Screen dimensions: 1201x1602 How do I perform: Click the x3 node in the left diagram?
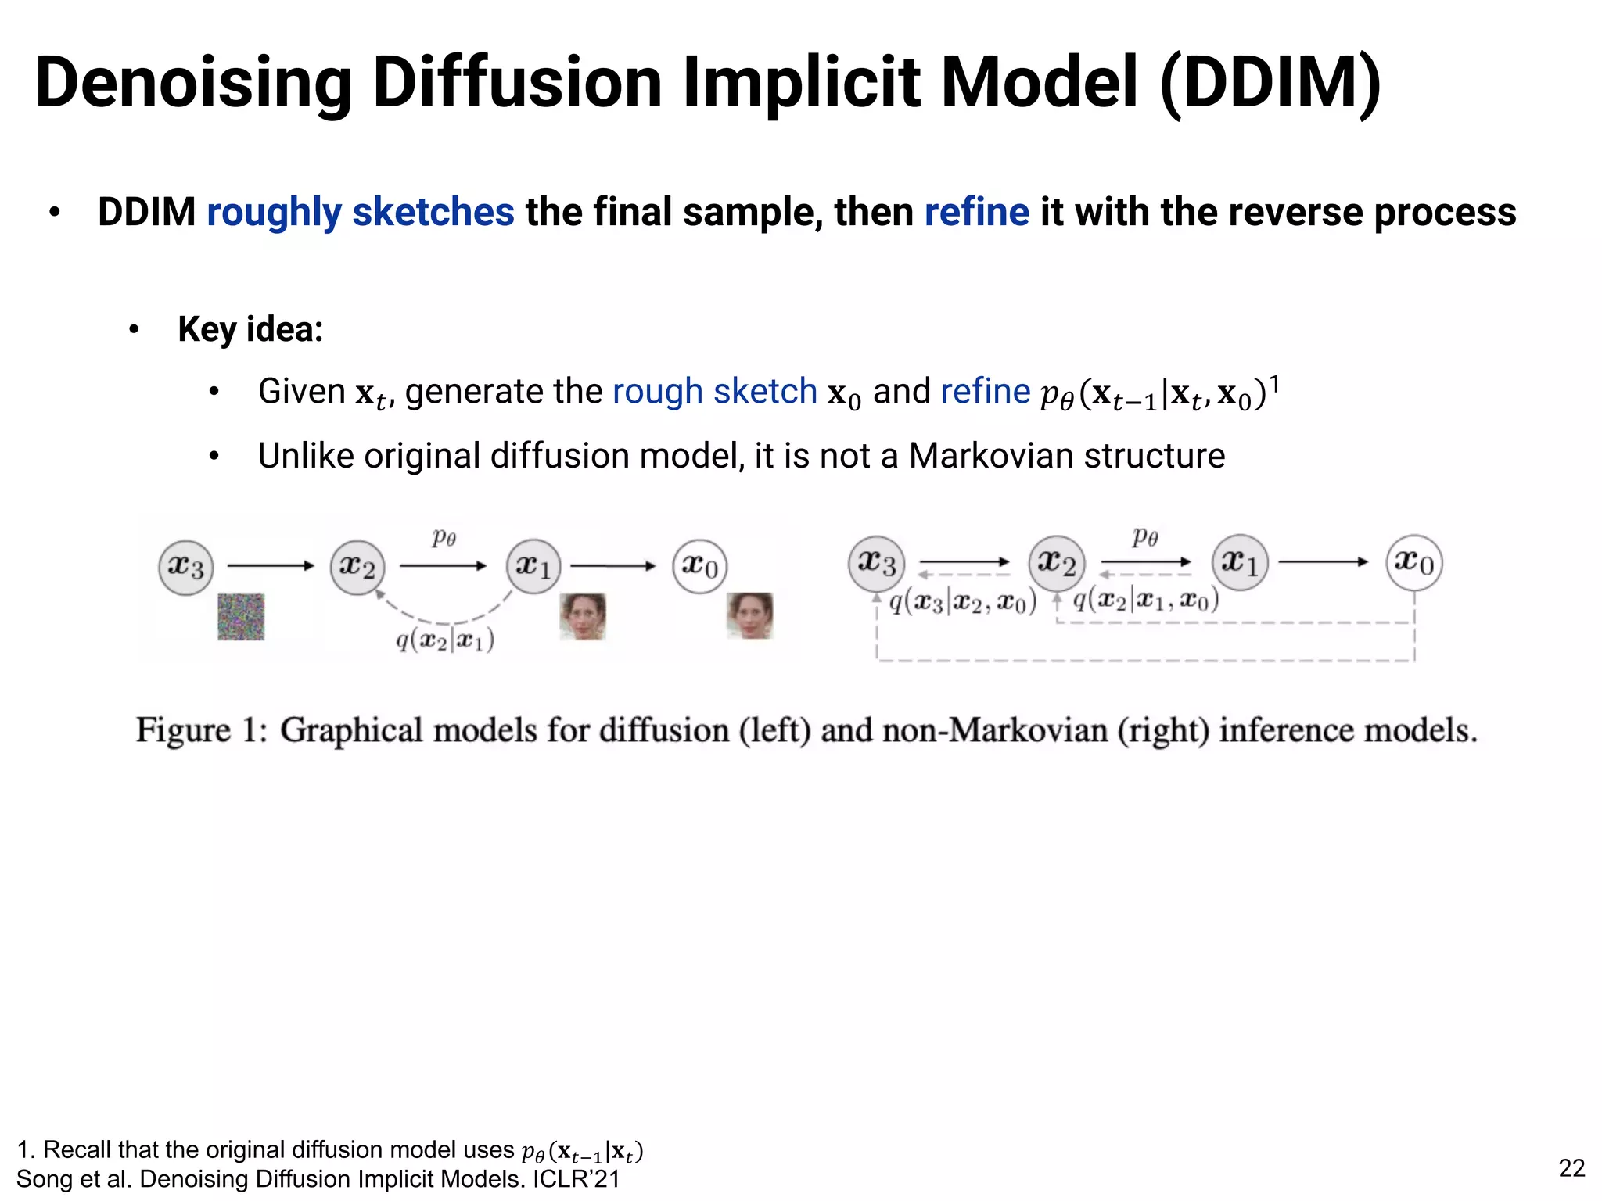[x=185, y=566]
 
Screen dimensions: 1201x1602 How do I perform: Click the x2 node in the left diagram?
[x=357, y=566]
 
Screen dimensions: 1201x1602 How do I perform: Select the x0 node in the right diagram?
[x=1414, y=562]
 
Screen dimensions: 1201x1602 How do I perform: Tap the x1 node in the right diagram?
[x=1240, y=562]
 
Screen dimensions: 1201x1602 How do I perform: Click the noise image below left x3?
[x=241, y=616]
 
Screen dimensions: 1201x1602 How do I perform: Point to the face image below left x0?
[x=749, y=615]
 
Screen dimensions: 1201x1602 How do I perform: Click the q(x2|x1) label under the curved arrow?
[x=444, y=640]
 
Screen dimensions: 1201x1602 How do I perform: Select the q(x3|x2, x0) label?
[x=962, y=601]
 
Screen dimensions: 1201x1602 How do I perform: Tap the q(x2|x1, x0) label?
[x=1145, y=600]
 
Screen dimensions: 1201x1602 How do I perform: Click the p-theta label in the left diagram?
[x=444, y=538]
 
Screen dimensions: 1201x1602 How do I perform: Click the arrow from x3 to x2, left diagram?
[x=270, y=565]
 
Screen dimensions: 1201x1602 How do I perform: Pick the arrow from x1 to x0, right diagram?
[x=1323, y=561]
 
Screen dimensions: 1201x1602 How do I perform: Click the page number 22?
[x=1571, y=1167]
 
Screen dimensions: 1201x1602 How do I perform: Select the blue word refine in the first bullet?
[x=976, y=212]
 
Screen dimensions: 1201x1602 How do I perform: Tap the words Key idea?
[x=250, y=329]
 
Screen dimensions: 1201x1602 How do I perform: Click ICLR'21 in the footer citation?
[x=577, y=1179]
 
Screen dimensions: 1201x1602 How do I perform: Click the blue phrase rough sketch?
[x=714, y=391]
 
